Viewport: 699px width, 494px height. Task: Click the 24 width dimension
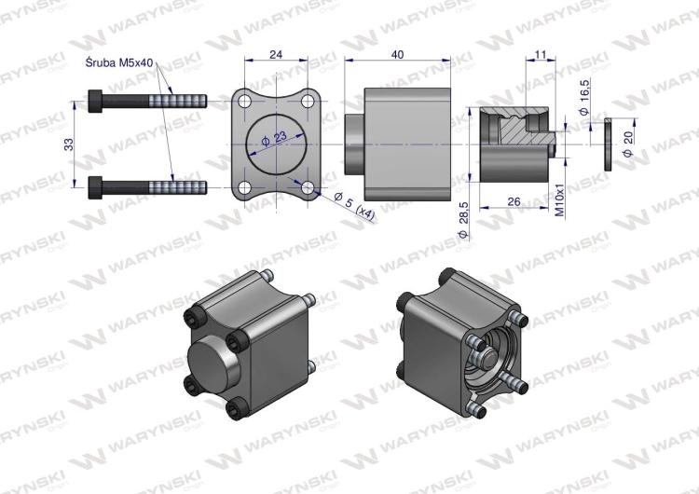point(276,54)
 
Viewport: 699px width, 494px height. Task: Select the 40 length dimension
point(397,54)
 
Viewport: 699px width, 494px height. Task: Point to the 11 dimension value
point(540,55)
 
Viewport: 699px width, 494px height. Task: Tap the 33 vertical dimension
point(69,144)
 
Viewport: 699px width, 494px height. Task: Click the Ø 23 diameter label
point(274,140)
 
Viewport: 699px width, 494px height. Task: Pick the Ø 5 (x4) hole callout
point(354,206)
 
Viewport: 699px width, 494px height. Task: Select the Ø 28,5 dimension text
point(462,220)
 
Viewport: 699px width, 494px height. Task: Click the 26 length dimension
point(514,202)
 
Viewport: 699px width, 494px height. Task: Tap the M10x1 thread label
point(560,200)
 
